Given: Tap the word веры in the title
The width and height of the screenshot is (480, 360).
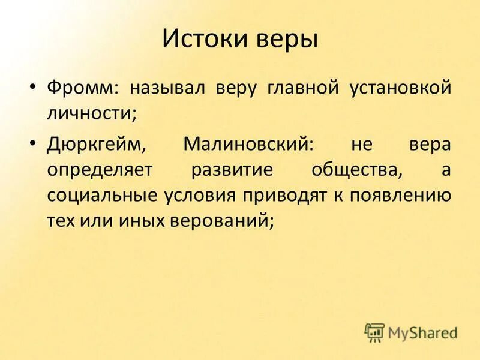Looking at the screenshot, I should coord(285,40).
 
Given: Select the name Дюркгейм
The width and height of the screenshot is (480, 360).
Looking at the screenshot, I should coord(97,145).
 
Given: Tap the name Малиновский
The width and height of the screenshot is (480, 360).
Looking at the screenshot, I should coord(248,145).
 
